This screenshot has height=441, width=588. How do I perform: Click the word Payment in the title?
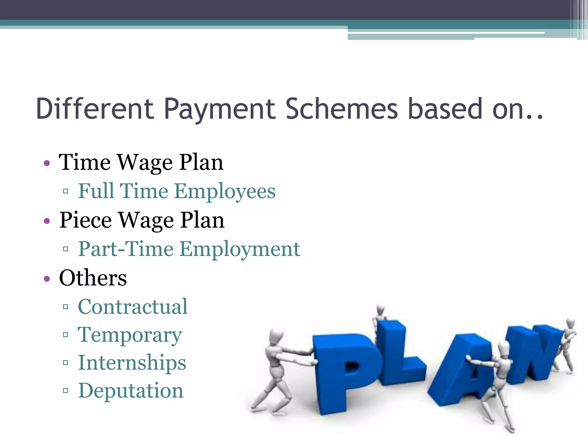(220, 109)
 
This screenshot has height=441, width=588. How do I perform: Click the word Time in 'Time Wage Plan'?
(85, 162)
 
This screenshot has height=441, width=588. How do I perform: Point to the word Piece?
(85, 220)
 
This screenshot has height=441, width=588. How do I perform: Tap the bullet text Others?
(93, 278)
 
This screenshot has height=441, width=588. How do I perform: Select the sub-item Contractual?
(133, 307)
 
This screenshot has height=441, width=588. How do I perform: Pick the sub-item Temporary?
(130, 335)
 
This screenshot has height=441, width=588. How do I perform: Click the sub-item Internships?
(132, 363)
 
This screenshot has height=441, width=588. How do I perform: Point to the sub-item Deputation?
(131, 390)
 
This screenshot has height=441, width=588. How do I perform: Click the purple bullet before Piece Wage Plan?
(47, 221)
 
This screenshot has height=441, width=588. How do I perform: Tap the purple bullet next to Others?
(47, 278)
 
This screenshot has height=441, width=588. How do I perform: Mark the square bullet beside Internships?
(65, 363)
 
